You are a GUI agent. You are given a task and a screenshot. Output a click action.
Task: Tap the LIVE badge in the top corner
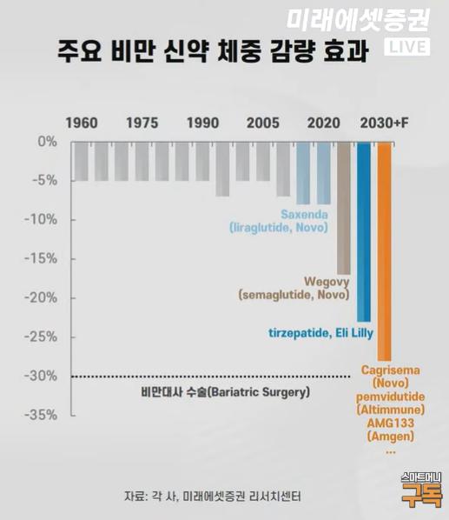point(406,46)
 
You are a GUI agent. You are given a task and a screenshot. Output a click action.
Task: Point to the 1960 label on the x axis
point(82,123)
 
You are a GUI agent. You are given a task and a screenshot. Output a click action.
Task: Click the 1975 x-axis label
point(142,123)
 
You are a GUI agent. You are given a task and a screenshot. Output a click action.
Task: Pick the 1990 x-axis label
point(202,123)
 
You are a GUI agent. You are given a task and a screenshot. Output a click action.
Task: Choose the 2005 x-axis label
point(262,123)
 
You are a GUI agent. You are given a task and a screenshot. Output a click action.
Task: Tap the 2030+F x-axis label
point(384,123)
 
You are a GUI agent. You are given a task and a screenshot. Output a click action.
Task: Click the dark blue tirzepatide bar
point(364,230)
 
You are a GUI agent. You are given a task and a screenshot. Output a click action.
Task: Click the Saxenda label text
point(304,214)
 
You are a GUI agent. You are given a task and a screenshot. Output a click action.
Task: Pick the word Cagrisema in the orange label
point(391,370)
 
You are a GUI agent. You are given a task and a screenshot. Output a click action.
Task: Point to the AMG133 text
point(391,422)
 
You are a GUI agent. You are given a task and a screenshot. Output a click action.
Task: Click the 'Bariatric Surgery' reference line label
point(225,392)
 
